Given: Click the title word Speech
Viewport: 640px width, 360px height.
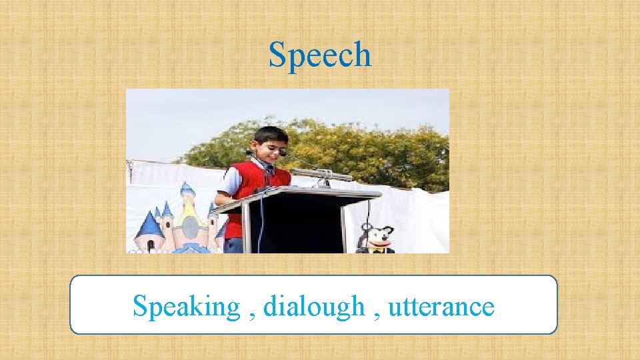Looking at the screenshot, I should click(319, 55).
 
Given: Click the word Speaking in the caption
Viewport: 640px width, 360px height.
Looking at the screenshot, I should click(185, 307).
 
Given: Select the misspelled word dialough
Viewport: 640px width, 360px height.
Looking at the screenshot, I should click(314, 307).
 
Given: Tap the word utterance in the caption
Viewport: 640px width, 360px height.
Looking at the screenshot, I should click(441, 307).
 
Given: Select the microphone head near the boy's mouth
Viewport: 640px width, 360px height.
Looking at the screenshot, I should click(283, 153).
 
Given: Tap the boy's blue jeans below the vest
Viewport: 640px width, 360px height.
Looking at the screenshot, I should click(233, 245).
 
